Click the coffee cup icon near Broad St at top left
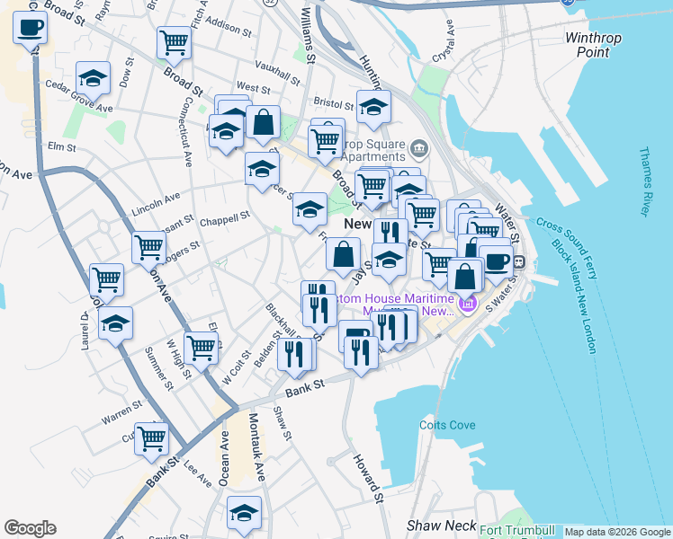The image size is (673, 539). tap(31, 29)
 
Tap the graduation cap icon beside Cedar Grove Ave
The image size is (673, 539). tap(93, 79)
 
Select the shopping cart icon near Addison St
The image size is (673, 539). tap(173, 40)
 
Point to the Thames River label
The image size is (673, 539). tap(645, 182)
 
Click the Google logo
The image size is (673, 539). tap(30, 528)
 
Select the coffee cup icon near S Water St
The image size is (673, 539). tap(496, 261)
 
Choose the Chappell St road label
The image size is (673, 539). tap(224, 218)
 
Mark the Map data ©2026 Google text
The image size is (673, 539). tap(617, 532)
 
